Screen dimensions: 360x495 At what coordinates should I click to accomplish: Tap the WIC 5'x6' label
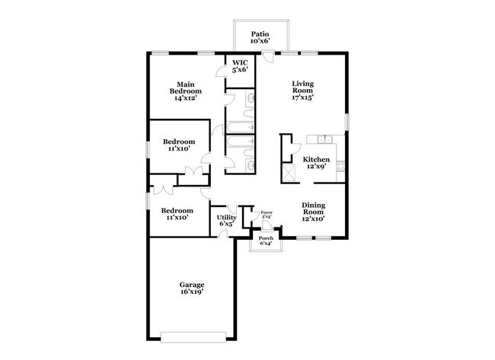coord(240,65)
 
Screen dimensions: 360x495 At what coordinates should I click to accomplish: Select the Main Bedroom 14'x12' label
coord(185,91)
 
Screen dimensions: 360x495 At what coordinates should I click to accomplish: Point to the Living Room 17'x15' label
coord(302,91)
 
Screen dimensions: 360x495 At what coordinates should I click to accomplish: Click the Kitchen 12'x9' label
coord(316,164)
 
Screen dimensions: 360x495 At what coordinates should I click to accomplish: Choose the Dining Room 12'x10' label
coord(314,210)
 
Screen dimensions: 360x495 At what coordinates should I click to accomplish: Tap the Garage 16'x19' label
coord(192,288)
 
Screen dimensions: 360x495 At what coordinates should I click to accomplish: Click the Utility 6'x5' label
coord(227,221)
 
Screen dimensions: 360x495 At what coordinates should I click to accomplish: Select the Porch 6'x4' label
coord(266,241)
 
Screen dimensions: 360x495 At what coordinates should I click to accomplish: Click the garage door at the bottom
coord(193,333)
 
